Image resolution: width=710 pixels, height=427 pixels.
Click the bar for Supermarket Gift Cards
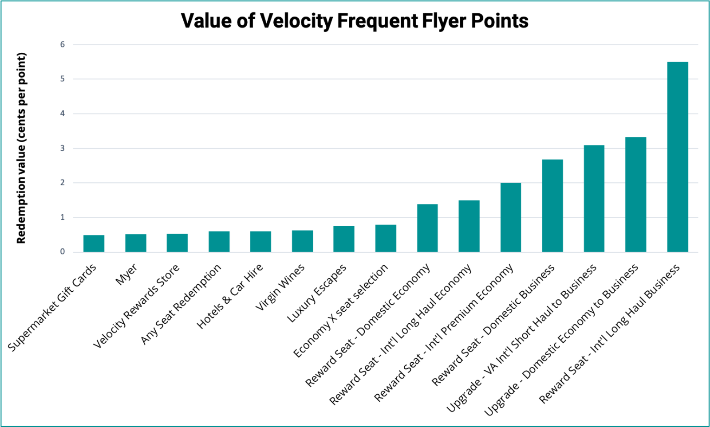tap(94, 243)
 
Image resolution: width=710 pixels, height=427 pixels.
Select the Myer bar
tap(135, 243)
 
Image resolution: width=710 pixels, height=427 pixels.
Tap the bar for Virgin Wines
tap(302, 241)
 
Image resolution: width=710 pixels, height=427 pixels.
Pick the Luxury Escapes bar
tap(344, 239)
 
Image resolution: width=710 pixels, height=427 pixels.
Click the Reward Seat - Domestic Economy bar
tap(427, 228)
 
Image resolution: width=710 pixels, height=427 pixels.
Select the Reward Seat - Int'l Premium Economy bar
tap(511, 217)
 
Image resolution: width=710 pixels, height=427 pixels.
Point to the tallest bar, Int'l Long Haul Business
tap(678, 157)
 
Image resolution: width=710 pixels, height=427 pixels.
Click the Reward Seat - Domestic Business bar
tap(552, 206)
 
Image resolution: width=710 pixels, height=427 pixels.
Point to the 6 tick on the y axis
tap(63, 44)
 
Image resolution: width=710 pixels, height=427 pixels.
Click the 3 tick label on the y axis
tap(63, 148)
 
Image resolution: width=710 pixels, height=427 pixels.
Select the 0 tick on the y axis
tap(63, 251)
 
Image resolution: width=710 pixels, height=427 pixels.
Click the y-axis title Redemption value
tap(21, 148)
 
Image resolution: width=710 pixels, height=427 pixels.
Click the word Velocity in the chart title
tap(296, 21)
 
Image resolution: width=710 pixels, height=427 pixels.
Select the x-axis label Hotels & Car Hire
tap(230, 296)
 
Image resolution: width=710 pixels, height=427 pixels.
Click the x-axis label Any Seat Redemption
tap(181, 304)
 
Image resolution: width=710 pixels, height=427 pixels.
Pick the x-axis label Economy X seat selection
tap(341, 310)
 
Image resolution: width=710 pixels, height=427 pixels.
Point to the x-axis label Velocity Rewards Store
tap(136, 306)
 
